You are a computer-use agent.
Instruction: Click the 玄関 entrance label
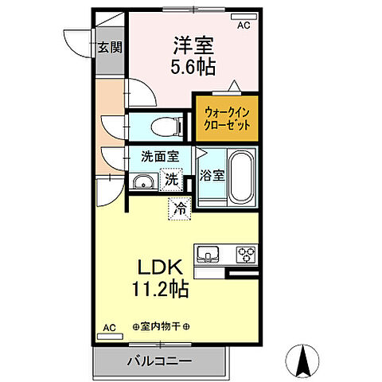(x=111, y=47)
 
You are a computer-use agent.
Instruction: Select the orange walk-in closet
(x=227, y=118)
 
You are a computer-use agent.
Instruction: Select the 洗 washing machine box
(x=171, y=181)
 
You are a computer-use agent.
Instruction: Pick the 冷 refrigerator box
(x=178, y=209)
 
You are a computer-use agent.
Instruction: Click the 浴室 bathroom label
(x=211, y=174)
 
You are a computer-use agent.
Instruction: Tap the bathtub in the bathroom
(x=240, y=179)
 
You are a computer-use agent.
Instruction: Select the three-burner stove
(x=244, y=255)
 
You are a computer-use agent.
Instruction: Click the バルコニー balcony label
(x=159, y=361)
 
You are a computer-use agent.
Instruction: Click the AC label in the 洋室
(x=243, y=25)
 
